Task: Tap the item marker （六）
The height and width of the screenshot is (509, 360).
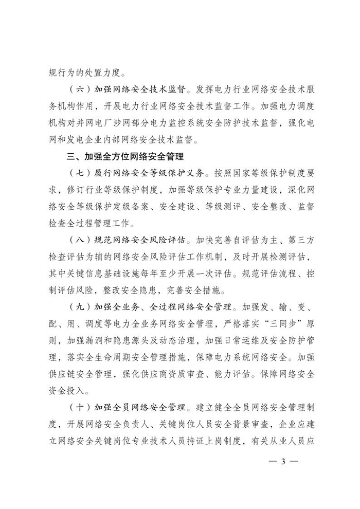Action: coord(80,88)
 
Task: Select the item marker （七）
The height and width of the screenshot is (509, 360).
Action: coord(80,172)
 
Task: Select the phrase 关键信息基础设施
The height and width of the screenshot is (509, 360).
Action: coord(102,274)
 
